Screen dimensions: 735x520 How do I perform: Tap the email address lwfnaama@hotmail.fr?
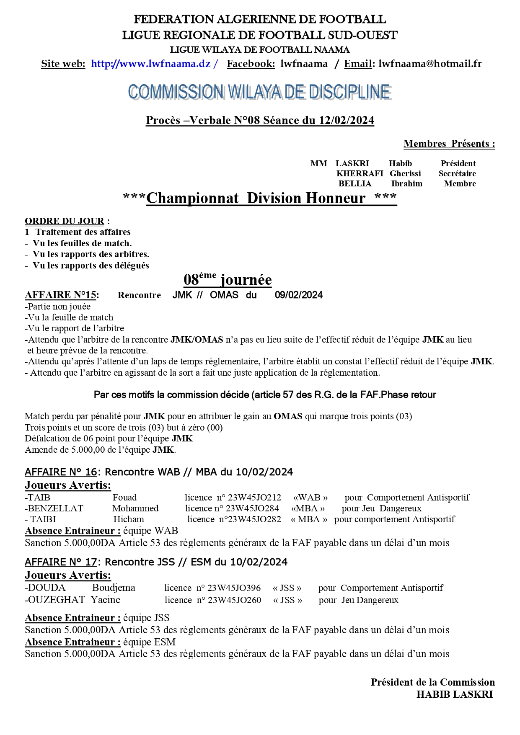tap(429, 64)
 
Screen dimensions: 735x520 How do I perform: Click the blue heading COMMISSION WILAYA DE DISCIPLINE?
tap(259, 92)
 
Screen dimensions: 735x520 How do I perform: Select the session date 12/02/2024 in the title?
tap(346, 121)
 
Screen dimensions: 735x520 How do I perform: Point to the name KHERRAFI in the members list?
tap(360, 174)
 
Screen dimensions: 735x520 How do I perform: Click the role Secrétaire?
tap(457, 174)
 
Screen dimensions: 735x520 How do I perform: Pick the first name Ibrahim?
tap(406, 184)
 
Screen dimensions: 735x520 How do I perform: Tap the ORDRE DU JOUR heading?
tap(65, 221)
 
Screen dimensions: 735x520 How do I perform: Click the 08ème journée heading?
tap(228, 279)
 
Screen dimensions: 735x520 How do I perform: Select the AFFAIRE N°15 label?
tap(61, 295)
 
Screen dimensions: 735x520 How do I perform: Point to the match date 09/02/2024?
tap(299, 295)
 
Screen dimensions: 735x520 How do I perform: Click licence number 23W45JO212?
tap(254, 498)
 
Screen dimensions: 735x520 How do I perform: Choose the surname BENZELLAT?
tap(55, 508)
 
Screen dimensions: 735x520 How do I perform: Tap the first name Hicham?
tap(129, 519)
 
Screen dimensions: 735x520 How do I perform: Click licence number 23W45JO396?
tap(234, 588)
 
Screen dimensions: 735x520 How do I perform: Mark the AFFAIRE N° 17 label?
tap(61, 562)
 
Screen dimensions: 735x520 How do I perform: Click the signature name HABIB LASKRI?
tap(454, 694)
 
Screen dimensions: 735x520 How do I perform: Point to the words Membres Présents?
tap(449, 144)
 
